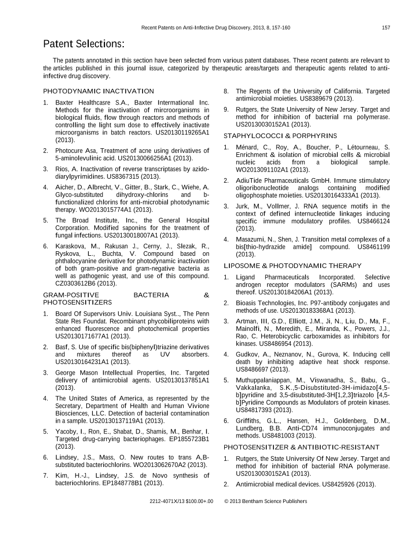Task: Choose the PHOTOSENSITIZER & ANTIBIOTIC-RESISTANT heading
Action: [x=301, y=447]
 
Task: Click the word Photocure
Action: [x=69, y=151]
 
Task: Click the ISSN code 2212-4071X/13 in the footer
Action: [x=169, y=501]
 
